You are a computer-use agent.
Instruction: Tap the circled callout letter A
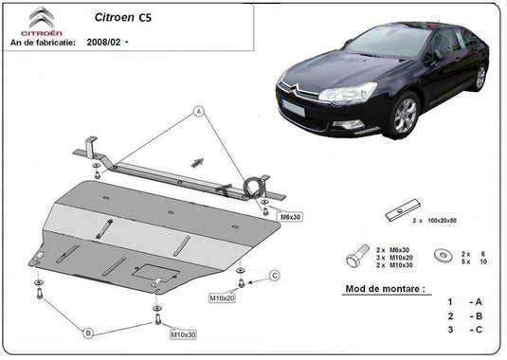click(x=200, y=112)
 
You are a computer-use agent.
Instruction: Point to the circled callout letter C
click(x=275, y=276)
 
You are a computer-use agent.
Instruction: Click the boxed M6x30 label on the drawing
click(x=291, y=216)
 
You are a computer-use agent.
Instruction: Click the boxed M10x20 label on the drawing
click(x=224, y=297)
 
